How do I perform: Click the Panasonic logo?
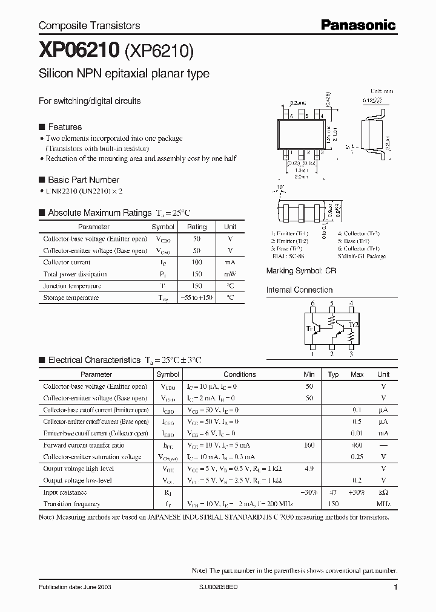pos(358,25)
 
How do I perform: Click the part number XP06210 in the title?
pos(79,51)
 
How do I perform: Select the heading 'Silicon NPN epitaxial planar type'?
pos(124,74)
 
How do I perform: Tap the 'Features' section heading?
pos(65,127)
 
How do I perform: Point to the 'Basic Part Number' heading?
pos(84,180)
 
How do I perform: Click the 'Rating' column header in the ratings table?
pos(197,227)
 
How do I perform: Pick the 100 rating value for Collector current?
pos(197,262)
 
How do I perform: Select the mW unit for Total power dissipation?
pos(230,274)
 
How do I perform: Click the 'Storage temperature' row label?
pos(71,298)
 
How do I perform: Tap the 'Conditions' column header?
pos(240,374)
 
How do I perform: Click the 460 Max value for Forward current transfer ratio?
pos(357,445)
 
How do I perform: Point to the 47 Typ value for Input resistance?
pos(333,492)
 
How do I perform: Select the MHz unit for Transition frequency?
pos(383,504)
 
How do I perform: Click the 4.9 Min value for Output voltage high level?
pos(309,469)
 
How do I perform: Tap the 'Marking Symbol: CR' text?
pos(301,272)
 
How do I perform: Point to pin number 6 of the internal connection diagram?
pos(313,304)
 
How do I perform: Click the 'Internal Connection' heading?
pos(300,290)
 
